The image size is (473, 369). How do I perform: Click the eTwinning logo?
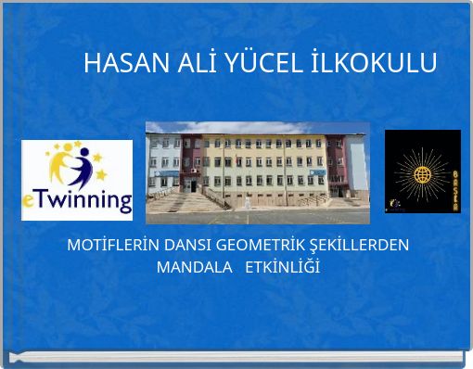click(x=77, y=180)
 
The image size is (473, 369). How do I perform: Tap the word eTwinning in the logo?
click(x=77, y=199)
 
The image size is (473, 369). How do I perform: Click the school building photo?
click(x=257, y=172)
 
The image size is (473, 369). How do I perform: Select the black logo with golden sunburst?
click(x=422, y=172)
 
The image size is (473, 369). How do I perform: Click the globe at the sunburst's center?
click(x=422, y=174)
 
